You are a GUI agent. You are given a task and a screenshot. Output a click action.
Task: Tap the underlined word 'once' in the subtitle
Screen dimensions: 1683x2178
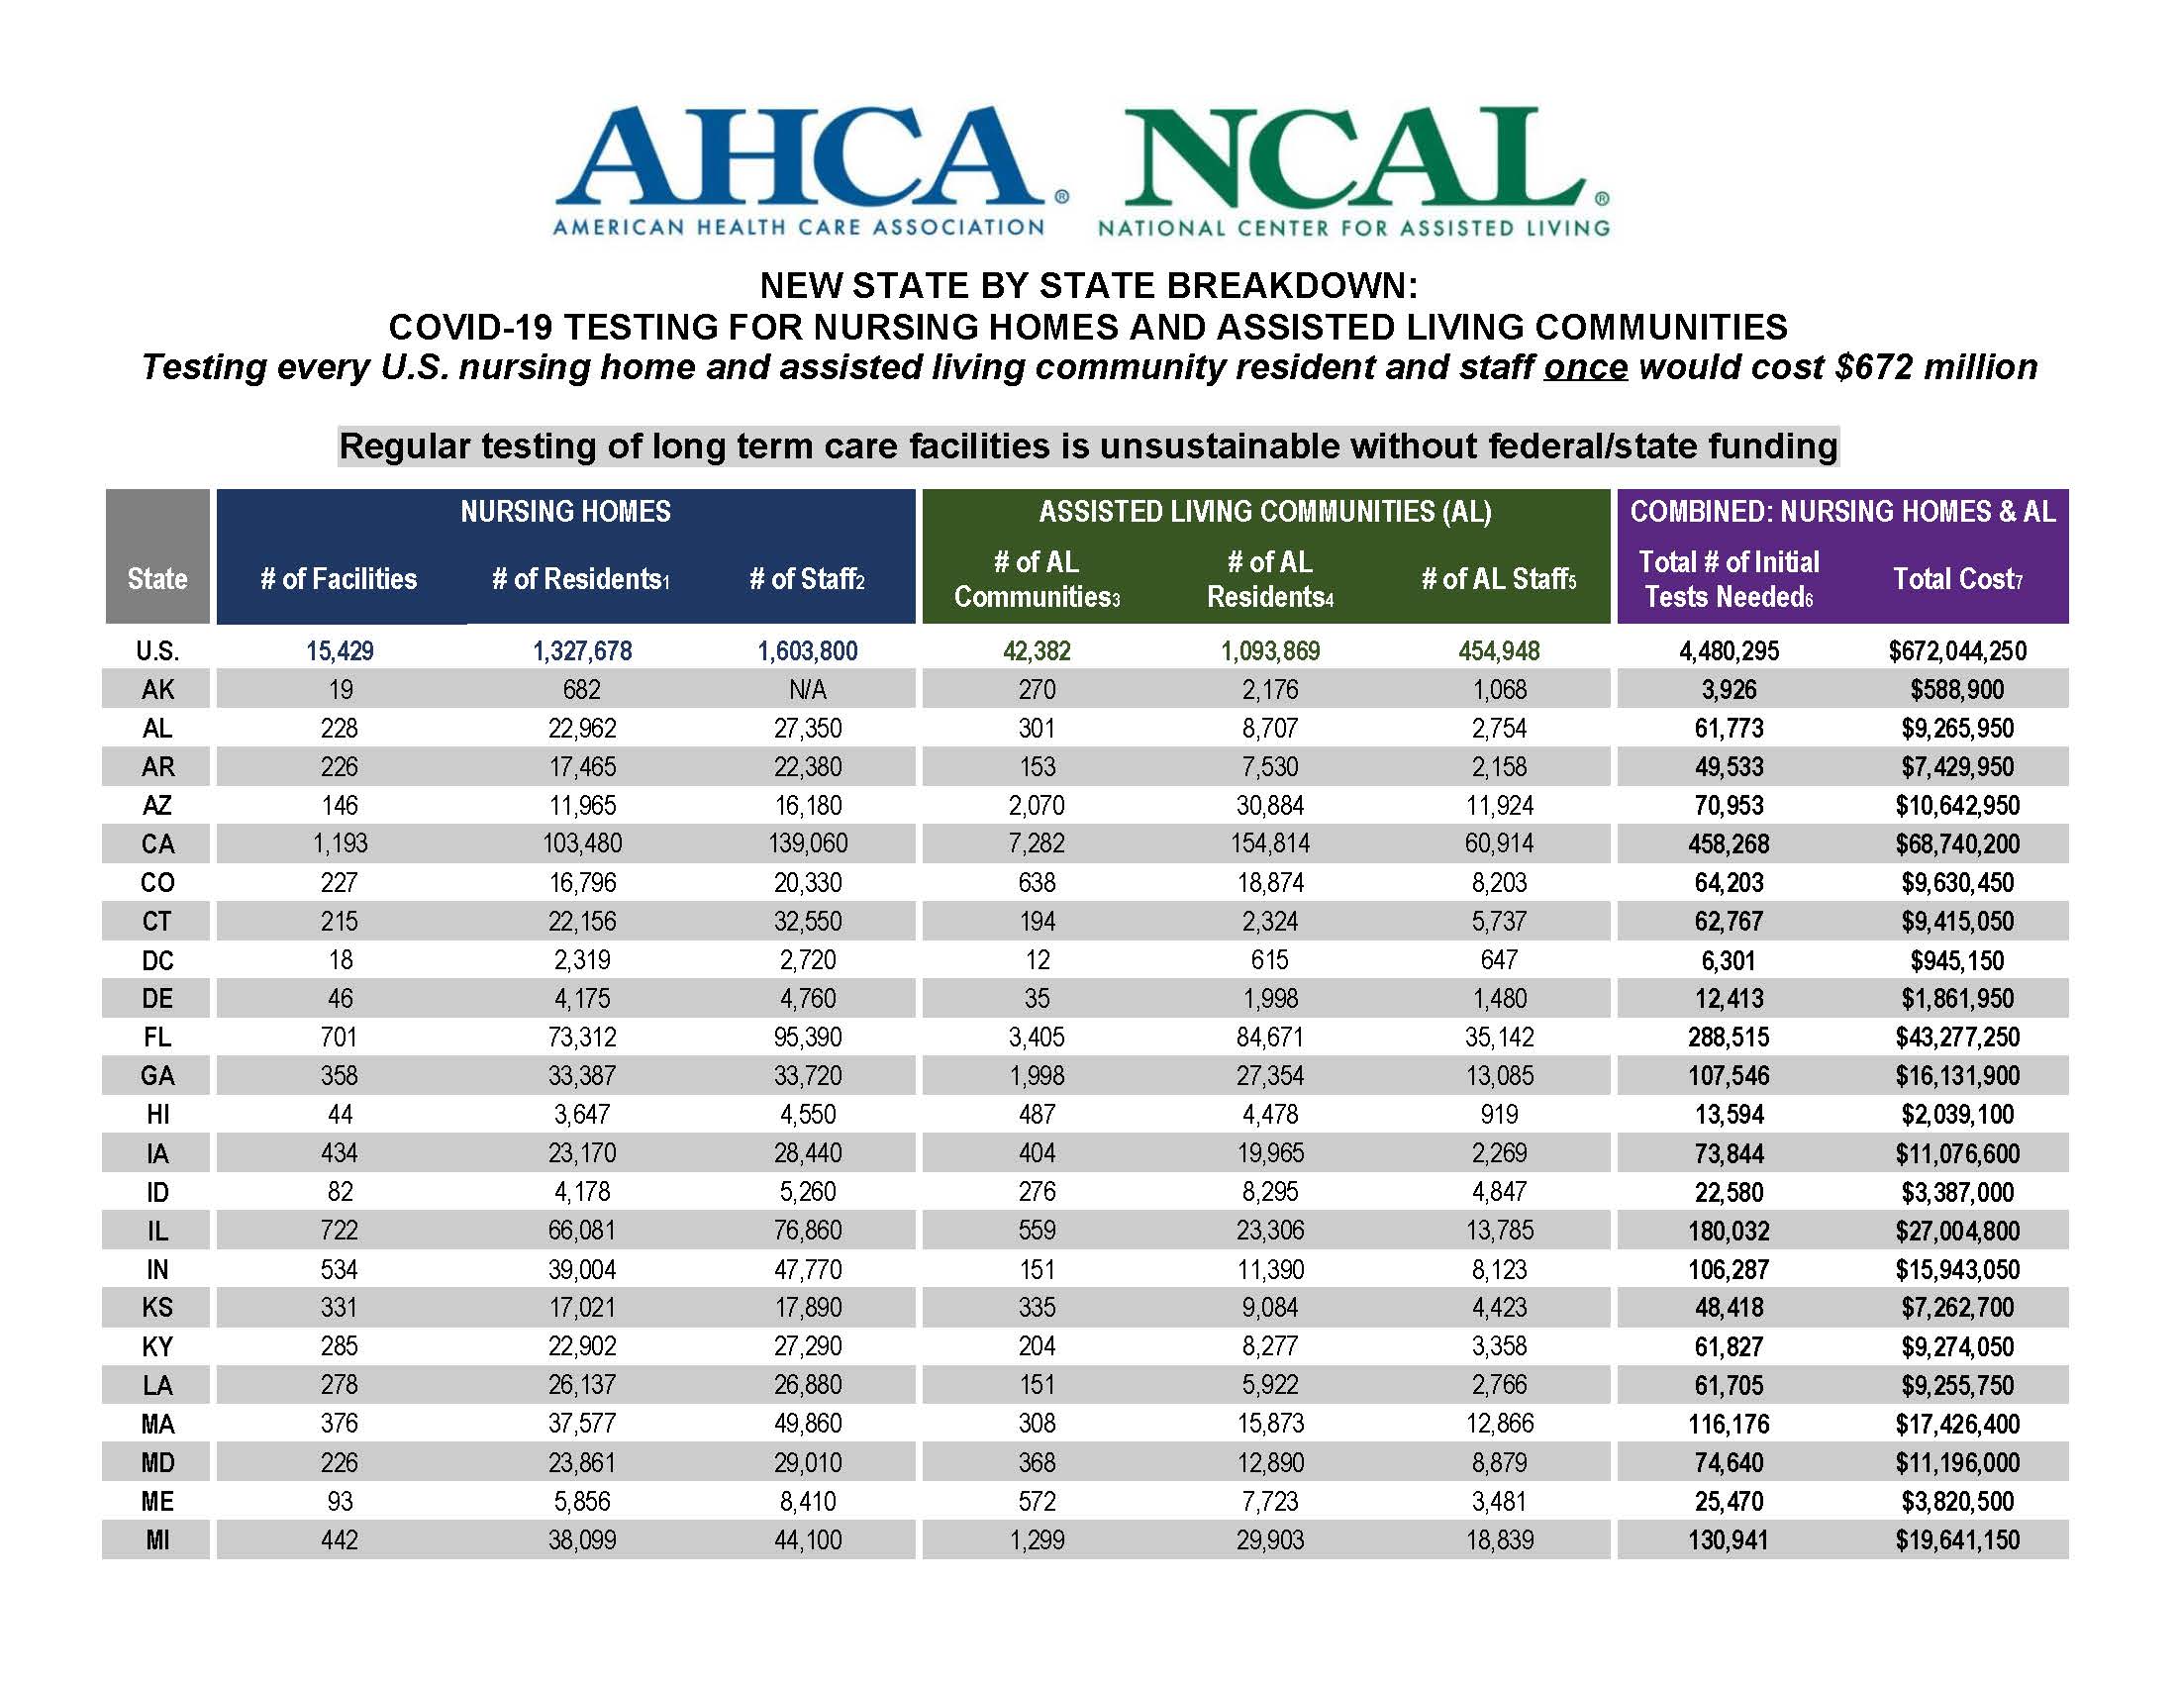coord(1585,368)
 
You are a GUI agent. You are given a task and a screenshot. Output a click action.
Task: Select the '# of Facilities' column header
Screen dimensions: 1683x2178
coord(338,579)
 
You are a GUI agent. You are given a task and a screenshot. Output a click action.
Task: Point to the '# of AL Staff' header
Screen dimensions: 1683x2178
coord(1498,579)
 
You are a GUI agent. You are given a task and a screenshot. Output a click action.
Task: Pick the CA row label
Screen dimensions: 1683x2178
coord(157,844)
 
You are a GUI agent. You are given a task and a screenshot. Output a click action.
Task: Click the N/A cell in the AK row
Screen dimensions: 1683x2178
coord(808,690)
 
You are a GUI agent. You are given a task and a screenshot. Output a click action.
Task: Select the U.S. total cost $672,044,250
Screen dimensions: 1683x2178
coord(1956,651)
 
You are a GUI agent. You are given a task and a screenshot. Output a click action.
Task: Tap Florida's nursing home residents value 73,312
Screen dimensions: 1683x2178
coord(581,1037)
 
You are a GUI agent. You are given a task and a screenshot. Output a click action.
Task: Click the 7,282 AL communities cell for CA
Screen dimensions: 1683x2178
coord(1037,844)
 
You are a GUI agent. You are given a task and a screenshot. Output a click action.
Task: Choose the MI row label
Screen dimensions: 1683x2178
coord(157,1540)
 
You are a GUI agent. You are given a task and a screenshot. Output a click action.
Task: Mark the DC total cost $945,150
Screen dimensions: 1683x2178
coord(1956,960)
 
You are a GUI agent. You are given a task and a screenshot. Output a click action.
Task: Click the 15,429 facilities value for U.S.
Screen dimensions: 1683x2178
coord(339,651)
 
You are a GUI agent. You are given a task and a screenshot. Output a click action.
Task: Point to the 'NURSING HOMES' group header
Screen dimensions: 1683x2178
coord(565,512)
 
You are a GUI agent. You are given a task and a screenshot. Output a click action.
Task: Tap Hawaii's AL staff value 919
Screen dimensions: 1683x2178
coord(1499,1115)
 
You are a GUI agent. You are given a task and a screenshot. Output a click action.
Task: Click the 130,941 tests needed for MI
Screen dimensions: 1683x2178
coord(1729,1540)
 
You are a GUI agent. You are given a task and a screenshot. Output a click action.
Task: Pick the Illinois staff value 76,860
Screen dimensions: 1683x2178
coord(808,1231)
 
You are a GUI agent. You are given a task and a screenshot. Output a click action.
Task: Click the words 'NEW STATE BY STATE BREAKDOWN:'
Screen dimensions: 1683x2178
coord(1088,286)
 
